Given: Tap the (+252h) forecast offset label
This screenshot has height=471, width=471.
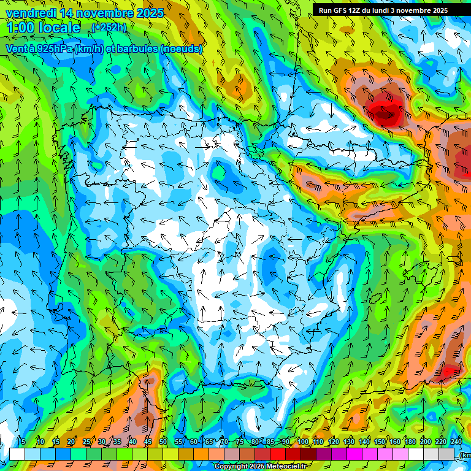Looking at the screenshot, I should click(x=109, y=27).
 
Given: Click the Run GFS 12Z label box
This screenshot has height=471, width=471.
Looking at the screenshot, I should click(x=383, y=10).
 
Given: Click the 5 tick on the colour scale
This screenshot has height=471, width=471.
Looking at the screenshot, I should click(x=23, y=442).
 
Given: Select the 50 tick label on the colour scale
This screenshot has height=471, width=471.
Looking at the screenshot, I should click(x=163, y=442).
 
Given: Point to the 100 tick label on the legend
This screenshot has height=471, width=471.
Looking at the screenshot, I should click(x=303, y=442).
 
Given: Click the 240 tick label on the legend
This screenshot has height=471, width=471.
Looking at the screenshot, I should click(x=456, y=442).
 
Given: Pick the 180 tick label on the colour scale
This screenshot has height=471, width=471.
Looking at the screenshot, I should click(x=410, y=442).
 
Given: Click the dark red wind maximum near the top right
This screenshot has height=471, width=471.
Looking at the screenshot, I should click(x=385, y=111).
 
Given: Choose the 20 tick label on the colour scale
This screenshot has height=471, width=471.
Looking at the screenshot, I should click(x=71, y=442).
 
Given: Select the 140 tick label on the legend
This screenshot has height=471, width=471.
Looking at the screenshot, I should click(x=364, y=442).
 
